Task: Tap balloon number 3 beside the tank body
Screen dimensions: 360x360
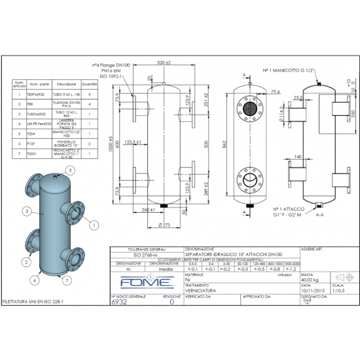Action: coord(24,211)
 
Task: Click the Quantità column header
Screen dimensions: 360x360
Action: coord(89,84)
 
